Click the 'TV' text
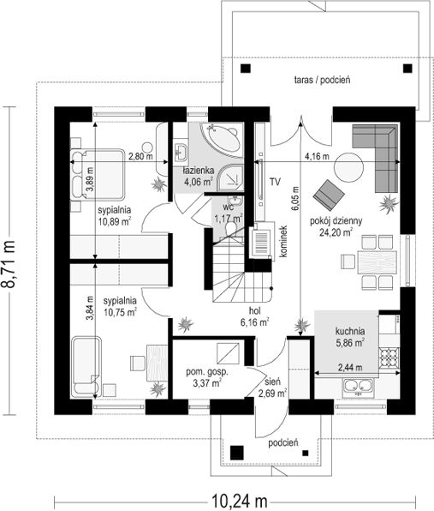tap(275, 182)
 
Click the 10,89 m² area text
tap(114, 221)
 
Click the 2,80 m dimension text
tap(139, 158)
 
